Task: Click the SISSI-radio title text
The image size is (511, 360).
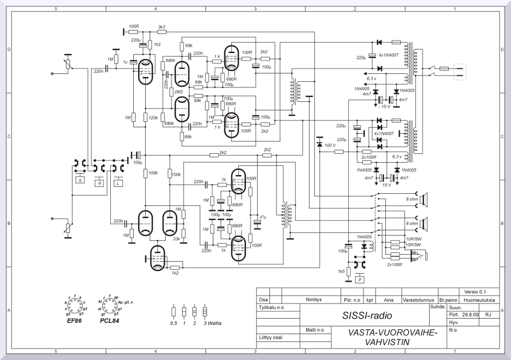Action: pyautogui.click(x=367, y=316)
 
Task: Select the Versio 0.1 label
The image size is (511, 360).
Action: pyautogui.click(x=475, y=292)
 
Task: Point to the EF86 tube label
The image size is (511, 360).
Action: pyautogui.click(x=74, y=321)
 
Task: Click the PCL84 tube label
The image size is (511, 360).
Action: pyautogui.click(x=110, y=321)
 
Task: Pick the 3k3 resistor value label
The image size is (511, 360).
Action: pyautogui.click(x=162, y=26)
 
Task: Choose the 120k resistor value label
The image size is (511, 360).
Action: pyautogui.click(x=153, y=118)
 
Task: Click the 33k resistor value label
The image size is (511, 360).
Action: pyautogui.click(x=177, y=239)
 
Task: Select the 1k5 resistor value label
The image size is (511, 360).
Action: pyautogui.click(x=341, y=271)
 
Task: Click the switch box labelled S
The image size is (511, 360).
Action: pyautogui.click(x=79, y=180)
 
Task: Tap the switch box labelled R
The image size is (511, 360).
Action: pyautogui.click(x=100, y=183)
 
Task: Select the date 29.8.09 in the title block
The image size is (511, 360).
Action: pyautogui.click(x=471, y=315)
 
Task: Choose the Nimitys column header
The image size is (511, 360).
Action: pyautogui.click(x=314, y=300)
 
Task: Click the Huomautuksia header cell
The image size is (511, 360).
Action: pyautogui.click(x=479, y=300)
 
